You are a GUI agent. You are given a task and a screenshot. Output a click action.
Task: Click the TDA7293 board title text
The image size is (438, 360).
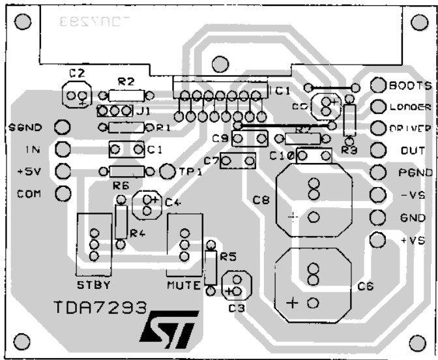pyautogui.click(x=100, y=307)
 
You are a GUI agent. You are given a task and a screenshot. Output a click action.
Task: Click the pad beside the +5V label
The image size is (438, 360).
pyautogui.click(x=63, y=171)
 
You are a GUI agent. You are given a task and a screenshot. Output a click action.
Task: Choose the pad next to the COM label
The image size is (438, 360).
pyautogui.click(x=63, y=193)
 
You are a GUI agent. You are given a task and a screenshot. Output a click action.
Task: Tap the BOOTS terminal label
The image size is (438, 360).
pyautogui.click(x=410, y=85)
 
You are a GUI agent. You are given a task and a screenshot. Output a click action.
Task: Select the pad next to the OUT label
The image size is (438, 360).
pyautogui.click(x=377, y=151)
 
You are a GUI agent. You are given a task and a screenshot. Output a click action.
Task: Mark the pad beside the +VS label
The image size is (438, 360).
pyautogui.click(x=377, y=239)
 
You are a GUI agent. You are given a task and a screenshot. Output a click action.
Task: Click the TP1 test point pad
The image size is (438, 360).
pyautogui.click(x=167, y=171)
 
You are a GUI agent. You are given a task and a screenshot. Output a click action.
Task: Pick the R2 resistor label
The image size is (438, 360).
pyautogui.click(x=126, y=82)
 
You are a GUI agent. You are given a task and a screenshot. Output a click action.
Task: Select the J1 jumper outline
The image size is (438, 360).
pyautogui.click(x=115, y=111)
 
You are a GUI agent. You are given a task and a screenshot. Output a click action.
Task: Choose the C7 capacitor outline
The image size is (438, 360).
pyautogui.click(x=237, y=160)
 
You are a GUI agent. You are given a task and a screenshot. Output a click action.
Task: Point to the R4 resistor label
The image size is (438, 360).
pyautogui.click(x=137, y=233)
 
